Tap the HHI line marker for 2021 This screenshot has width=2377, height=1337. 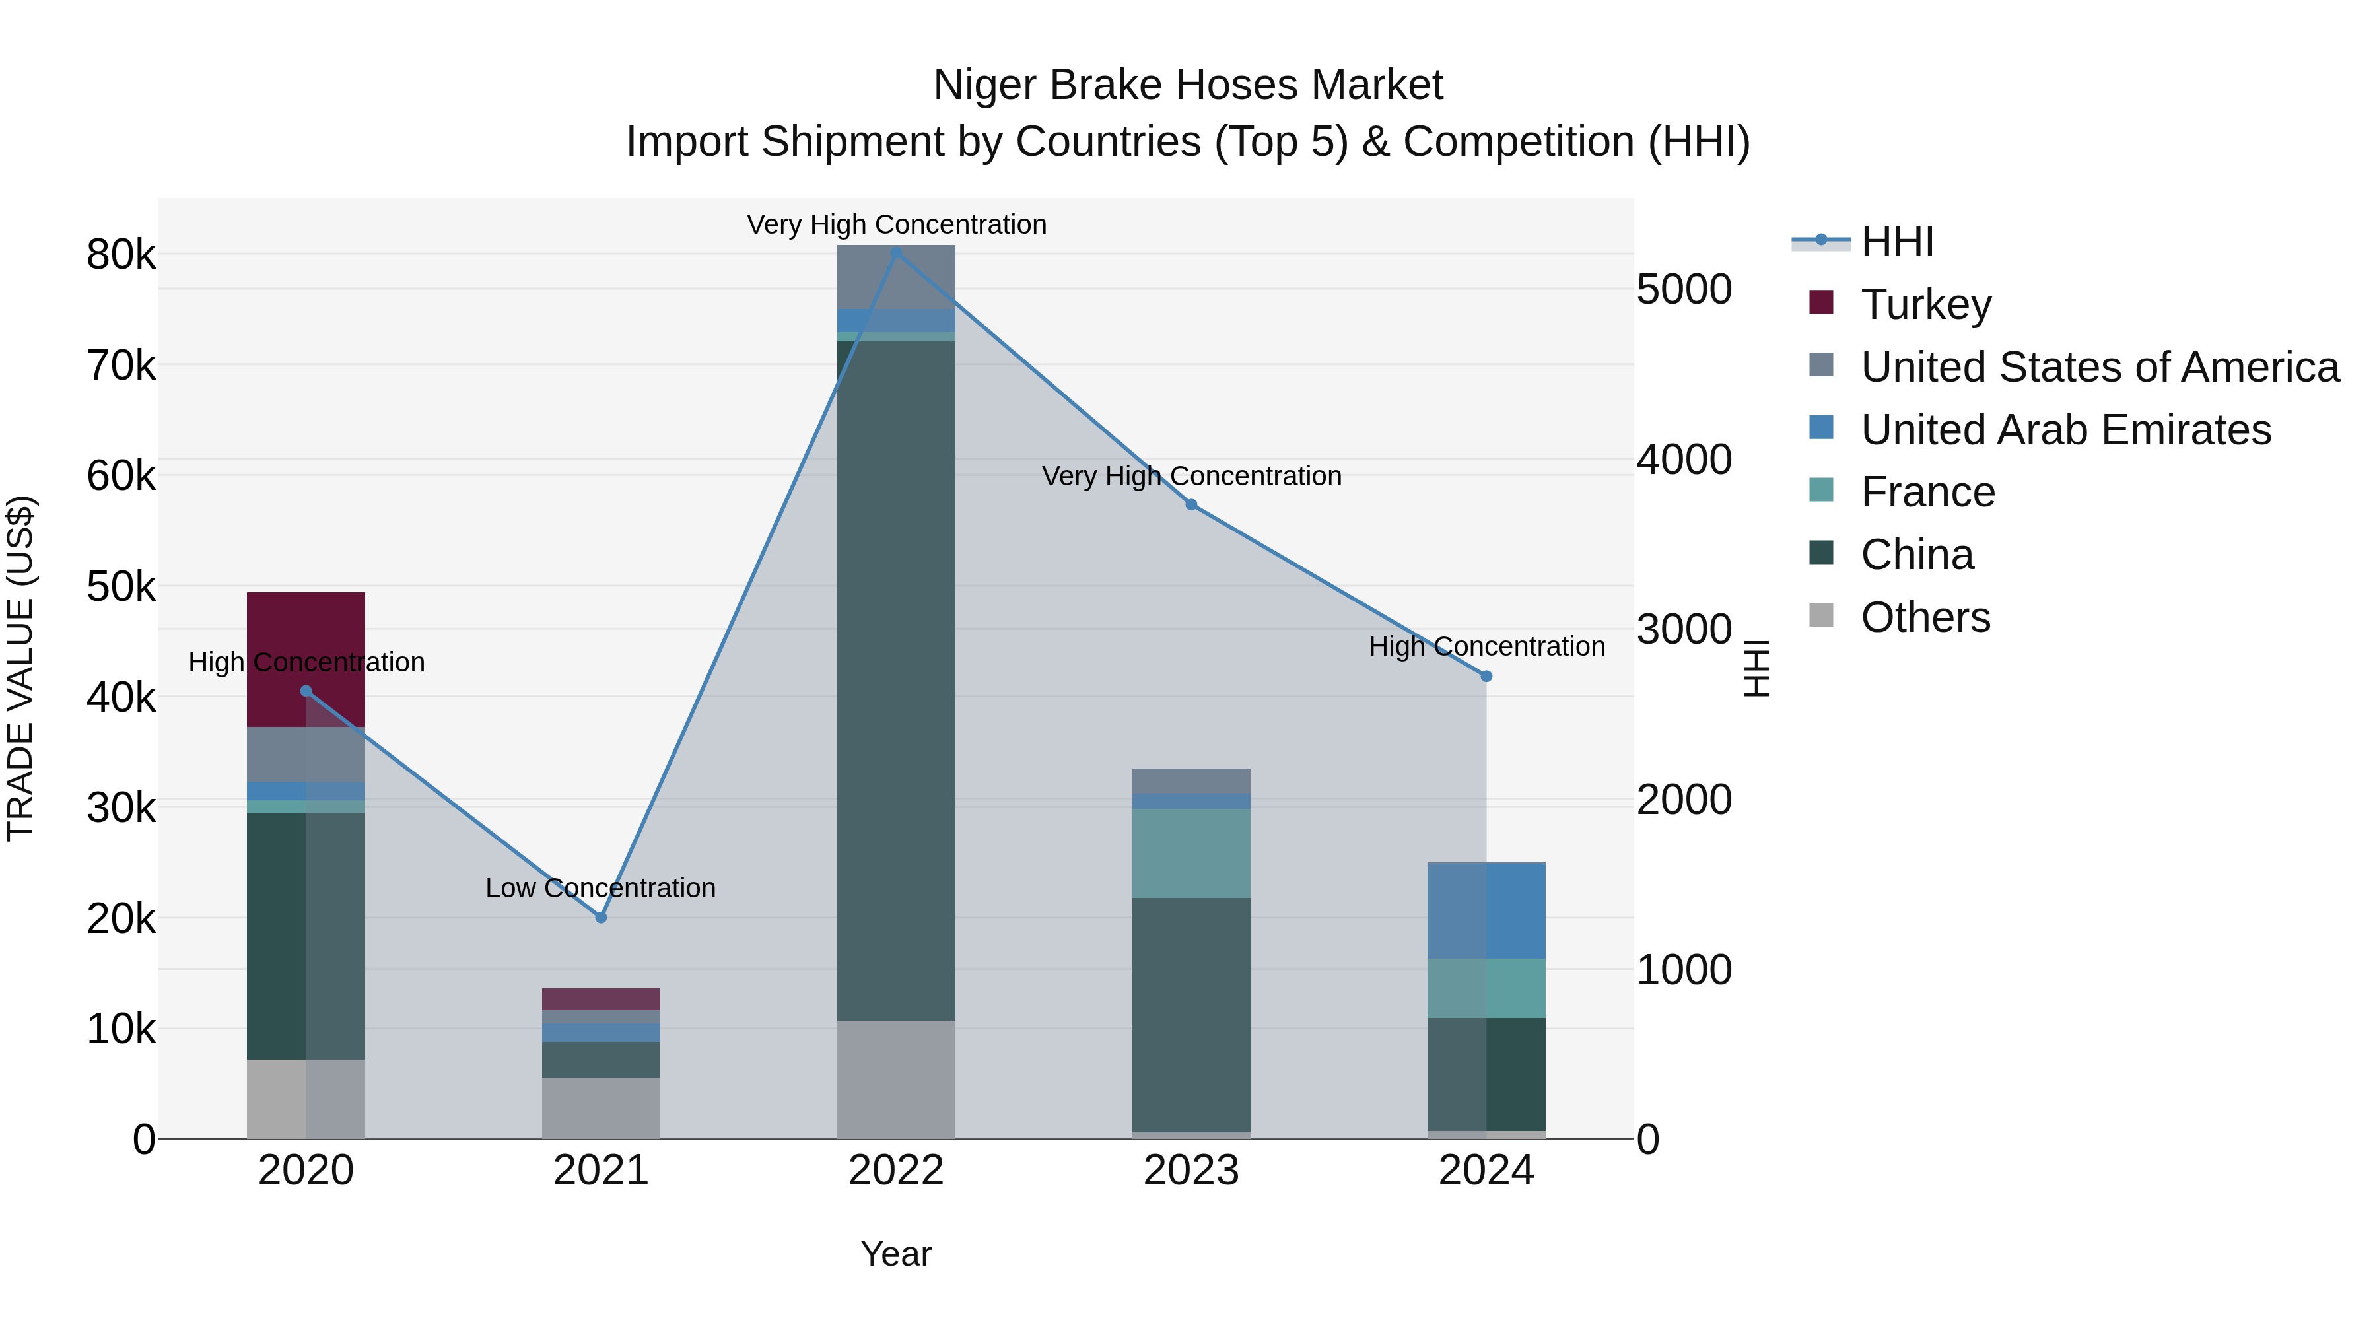pyautogui.click(x=601, y=917)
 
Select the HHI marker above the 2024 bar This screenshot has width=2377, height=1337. pyautogui.click(x=1486, y=676)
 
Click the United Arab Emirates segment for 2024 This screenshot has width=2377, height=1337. pyautogui.click(x=1486, y=910)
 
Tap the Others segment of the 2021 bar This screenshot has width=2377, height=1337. pyautogui.click(x=601, y=1107)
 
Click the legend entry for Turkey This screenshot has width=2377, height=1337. pyautogui.click(x=1926, y=304)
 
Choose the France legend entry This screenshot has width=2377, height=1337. pyautogui.click(x=1927, y=492)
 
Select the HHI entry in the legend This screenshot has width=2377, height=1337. pyautogui.click(x=1896, y=242)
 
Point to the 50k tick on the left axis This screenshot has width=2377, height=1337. pyautogui.click(x=121, y=587)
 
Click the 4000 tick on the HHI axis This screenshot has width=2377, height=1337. pyautogui.click(x=1684, y=460)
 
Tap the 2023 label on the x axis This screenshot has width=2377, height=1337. pyautogui.click(x=1190, y=1171)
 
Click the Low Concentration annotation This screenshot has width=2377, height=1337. pyautogui.click(x=601, y=887)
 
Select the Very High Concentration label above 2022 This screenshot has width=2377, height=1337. pyautogui.click(x=896, y=224)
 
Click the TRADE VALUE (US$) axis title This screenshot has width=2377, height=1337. pyautogui.click(x=20, y=668)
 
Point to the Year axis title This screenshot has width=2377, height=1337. pyautogui.click(x=896, y=1254)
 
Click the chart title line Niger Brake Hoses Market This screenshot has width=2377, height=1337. pyautogui.click(x=1188, y=85)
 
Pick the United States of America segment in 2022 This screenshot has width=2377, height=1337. pyautogui.click(x=896, y=277)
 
